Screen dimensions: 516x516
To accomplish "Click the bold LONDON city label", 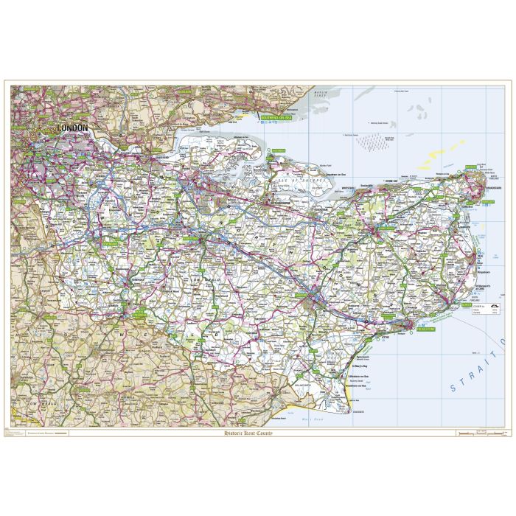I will click(73, 128).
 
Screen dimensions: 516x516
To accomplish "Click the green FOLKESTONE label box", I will click(425, 330).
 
